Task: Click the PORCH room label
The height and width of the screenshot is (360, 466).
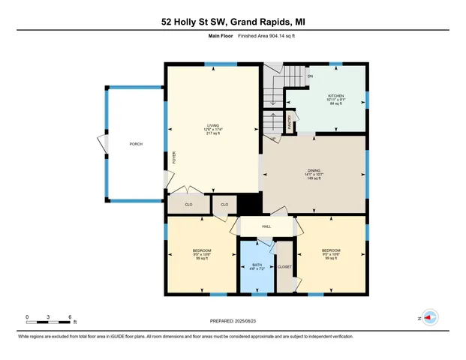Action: click(x=136, y=144)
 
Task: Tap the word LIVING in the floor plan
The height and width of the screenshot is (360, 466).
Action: click(x=215, y=125)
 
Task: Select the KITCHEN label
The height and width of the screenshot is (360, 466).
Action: click(x=335, y=96)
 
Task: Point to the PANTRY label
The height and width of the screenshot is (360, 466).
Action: click(x=291, y=120)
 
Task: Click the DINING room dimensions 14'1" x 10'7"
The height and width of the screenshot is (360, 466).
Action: click(x=313, y=175)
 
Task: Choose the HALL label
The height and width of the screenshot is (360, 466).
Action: click(x=266, y=226)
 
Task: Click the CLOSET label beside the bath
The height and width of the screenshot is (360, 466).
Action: click(x=284, y=267)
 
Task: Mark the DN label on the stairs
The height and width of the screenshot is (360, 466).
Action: click(x=310, y=76)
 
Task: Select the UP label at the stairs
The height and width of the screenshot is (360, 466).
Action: click(x=272, y=139)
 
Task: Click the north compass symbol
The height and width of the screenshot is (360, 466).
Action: click(x=430, y=317)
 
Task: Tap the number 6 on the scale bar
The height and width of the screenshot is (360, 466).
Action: click(x=70, y=316)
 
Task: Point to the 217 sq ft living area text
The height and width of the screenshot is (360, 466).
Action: click(x=215, y=134)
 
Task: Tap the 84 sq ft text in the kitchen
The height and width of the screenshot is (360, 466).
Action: click(x=335, y=105)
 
